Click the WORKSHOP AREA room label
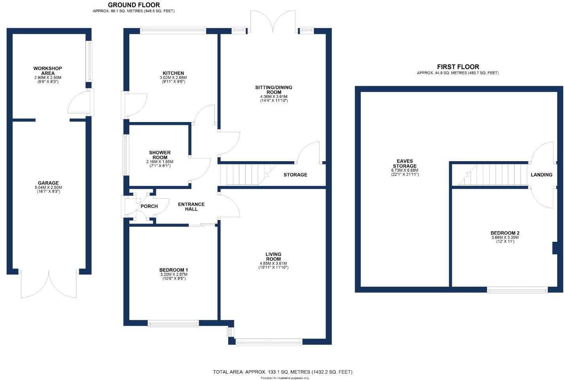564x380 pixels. (x=48, y=71)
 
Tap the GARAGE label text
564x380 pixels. (x=48, y=183)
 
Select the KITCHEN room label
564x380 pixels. (x=173, y=73)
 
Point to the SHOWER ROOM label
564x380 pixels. (x=160, y=155)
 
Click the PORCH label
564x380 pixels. (x=149, y=206)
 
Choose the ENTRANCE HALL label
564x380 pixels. (x=191, y=207)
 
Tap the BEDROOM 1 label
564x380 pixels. (x=173, y=270)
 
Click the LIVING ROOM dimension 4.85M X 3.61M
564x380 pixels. (x=273, y=263)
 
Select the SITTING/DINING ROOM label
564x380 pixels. (x=274, y=90)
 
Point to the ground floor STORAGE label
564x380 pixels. (x=295, y=175)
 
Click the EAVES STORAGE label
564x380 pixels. (x=405, y=164)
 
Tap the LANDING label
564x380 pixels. (x=541, y=175)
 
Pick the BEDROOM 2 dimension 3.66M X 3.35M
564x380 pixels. (x=505, y=237)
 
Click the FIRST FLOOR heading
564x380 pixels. (x=458, y=67)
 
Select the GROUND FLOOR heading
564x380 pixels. (x=134, y=5)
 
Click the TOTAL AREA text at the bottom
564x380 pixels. (x=282, y=372)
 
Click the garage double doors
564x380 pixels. (x=49, y=284)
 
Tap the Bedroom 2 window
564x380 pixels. (x=517, y=290)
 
